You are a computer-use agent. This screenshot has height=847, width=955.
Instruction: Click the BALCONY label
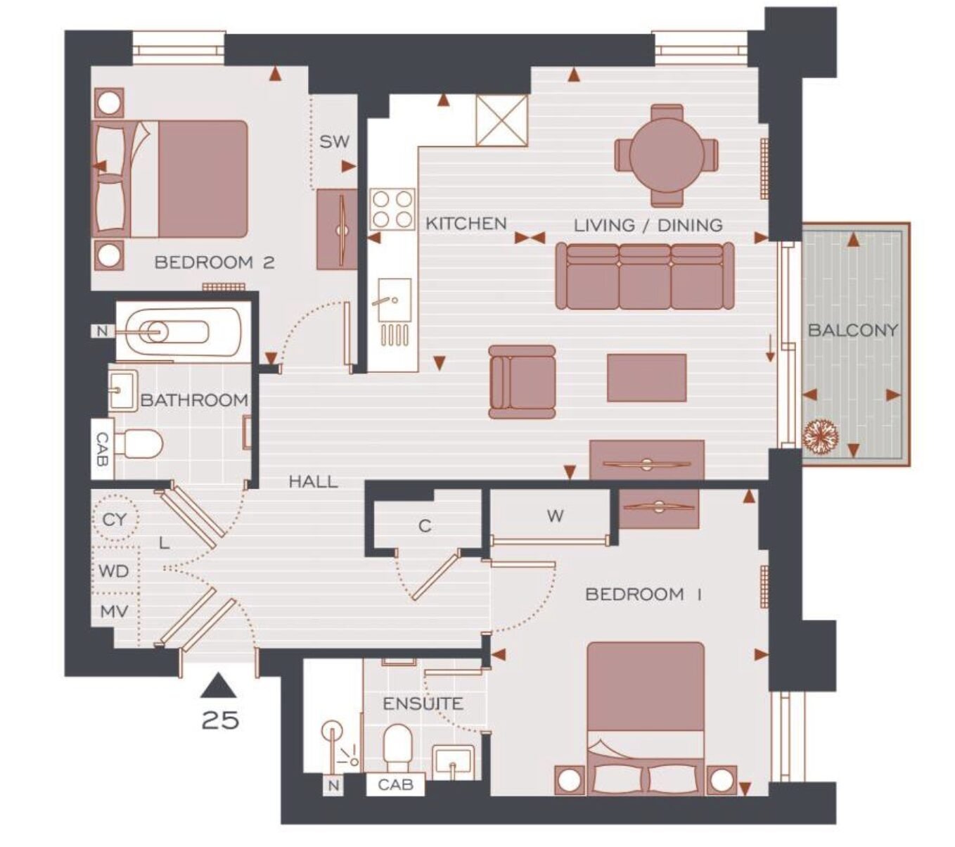[x=852, y=330]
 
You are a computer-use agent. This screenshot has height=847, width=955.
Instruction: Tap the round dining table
[x=666, y=155]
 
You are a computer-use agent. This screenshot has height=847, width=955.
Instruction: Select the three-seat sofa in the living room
[x=644, y=276]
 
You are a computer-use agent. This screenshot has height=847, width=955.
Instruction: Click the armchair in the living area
[x=523, y=381]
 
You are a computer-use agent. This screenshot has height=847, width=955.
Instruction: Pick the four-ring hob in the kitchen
[x=392, y=209]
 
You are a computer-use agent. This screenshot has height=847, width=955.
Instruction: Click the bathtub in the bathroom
[x=179, y=332]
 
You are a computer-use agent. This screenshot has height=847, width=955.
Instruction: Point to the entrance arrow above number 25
[x=218, y=685]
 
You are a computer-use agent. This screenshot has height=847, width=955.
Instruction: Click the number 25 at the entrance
[x=220, y=720]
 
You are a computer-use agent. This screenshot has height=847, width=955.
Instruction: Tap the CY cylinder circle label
[x=115, y=520]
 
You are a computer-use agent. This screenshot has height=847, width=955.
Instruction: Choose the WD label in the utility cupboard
[x=114, y=571]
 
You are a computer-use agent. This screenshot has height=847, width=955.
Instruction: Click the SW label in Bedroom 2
[x=334, y=141]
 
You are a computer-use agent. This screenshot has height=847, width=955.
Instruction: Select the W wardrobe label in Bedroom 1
[x=556, y=516]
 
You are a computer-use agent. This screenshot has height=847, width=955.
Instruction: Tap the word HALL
[x=314, y=481]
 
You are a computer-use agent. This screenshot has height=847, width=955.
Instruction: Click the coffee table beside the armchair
[x=646, y=378]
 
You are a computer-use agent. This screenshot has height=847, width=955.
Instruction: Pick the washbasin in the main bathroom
[x=123, y=390]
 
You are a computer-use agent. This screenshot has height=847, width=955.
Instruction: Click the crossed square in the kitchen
[x=501, y=121]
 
